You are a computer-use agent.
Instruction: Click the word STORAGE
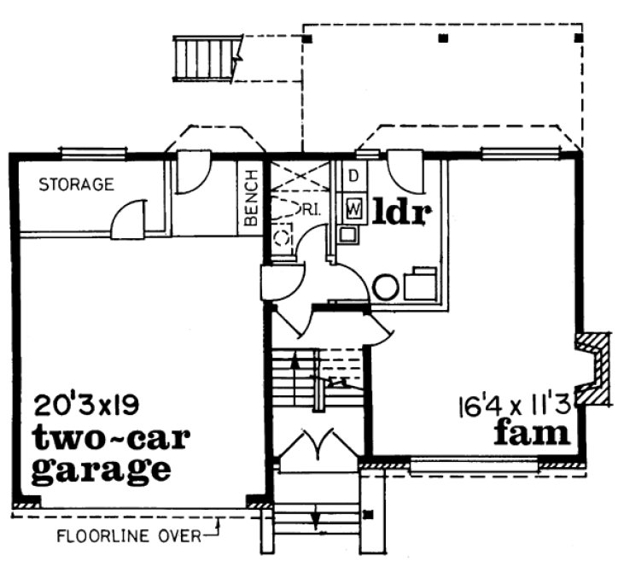[77, 184]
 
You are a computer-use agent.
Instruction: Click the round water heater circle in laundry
[385, 286]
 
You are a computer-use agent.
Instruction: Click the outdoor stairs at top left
[206, 58]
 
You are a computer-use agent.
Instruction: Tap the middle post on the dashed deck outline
[442, 38]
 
